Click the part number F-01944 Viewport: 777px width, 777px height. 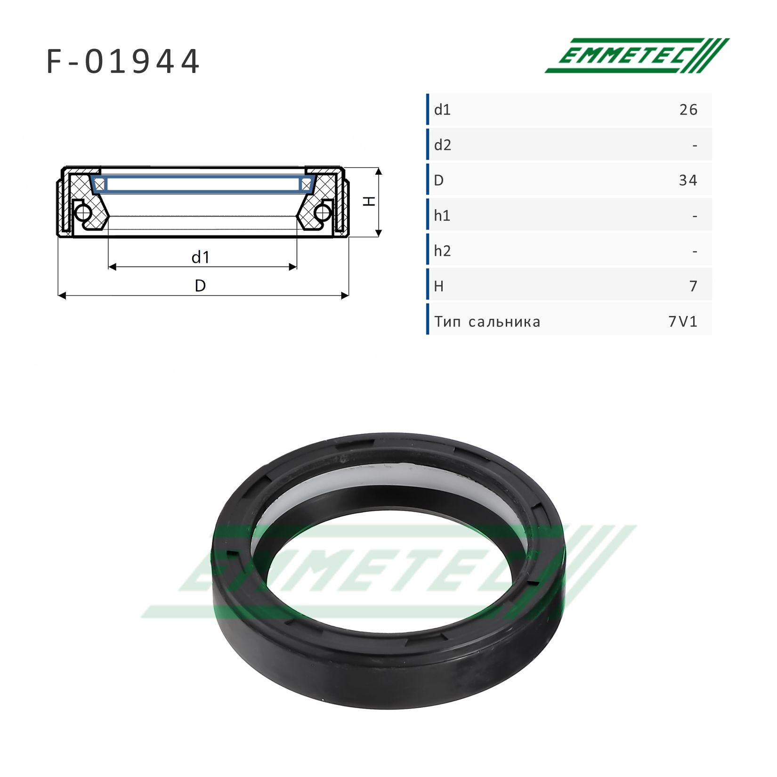coord(123,62)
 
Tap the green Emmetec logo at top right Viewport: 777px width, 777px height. coord(637,56)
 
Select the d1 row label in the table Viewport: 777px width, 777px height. coord(442,110)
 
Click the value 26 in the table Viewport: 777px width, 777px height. coord(688,110)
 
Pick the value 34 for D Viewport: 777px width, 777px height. coord(688,180)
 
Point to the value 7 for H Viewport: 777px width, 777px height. coord(693,286)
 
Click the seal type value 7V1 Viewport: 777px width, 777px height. coord(683,322)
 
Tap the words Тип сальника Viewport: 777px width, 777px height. coord(487,322)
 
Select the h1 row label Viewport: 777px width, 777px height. coord(442,216)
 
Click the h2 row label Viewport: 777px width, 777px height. coord(442,251)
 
